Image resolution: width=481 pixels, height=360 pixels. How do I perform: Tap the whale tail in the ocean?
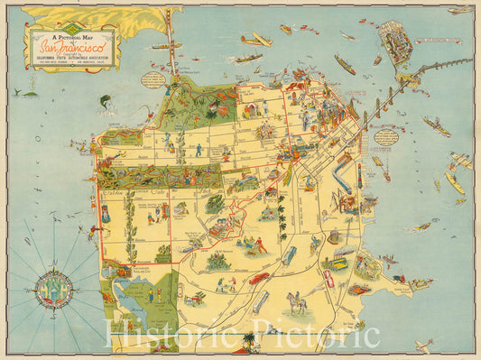pos(31,92)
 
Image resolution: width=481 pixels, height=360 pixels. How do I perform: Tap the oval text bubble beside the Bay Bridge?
pos(386,137)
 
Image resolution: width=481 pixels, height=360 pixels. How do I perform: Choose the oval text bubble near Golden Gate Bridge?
pos(153,78)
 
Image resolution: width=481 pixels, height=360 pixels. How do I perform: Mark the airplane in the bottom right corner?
pos(424,344)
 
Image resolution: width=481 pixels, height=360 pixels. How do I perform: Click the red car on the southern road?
pos(259,278)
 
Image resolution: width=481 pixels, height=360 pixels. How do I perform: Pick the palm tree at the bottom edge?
pos(249,341)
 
